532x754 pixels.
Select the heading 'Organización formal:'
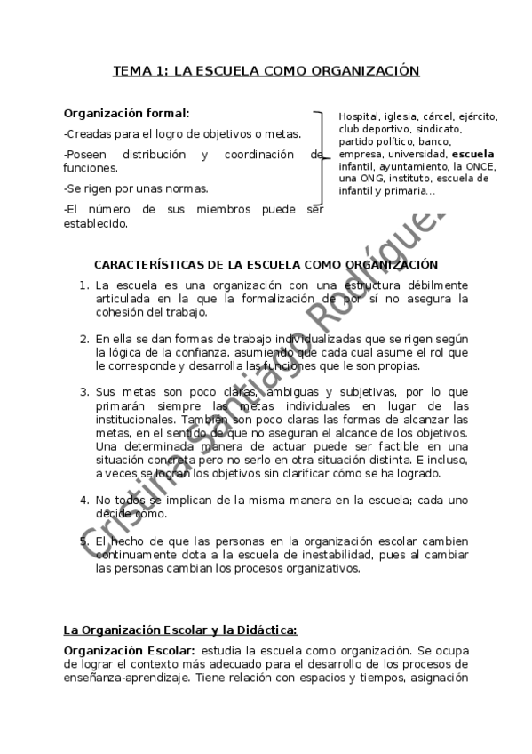126,114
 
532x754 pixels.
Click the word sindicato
431,129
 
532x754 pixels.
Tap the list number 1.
83,285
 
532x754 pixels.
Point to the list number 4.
83,500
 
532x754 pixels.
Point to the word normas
188,188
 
